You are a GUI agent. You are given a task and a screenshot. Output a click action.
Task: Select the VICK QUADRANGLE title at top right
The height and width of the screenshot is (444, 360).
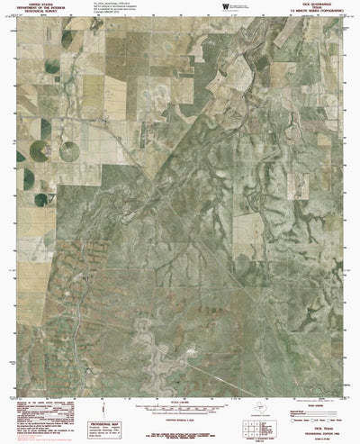point(319,6)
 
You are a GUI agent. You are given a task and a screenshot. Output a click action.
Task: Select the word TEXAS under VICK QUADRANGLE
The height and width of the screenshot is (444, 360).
point(319,11)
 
